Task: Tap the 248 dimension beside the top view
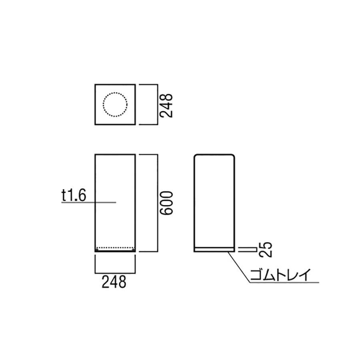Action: coord(166,105)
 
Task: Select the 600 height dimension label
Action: coord(166,203)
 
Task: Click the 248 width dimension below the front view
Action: coord(114,282)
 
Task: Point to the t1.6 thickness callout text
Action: coord(74,196)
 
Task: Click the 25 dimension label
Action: coord(266,250)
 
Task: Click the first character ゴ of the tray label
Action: coord(256,275)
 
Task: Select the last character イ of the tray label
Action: coord(305,275)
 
